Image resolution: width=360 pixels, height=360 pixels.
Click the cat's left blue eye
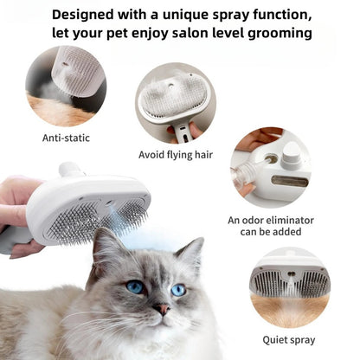(135, 286)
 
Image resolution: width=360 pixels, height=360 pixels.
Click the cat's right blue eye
(177, 290)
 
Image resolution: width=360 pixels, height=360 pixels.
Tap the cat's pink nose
(161, 308)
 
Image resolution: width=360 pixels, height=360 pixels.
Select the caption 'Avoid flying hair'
(175, 155)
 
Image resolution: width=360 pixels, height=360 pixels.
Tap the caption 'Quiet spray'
(289, 339)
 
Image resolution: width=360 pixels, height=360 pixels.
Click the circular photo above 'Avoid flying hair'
(175, 102)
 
